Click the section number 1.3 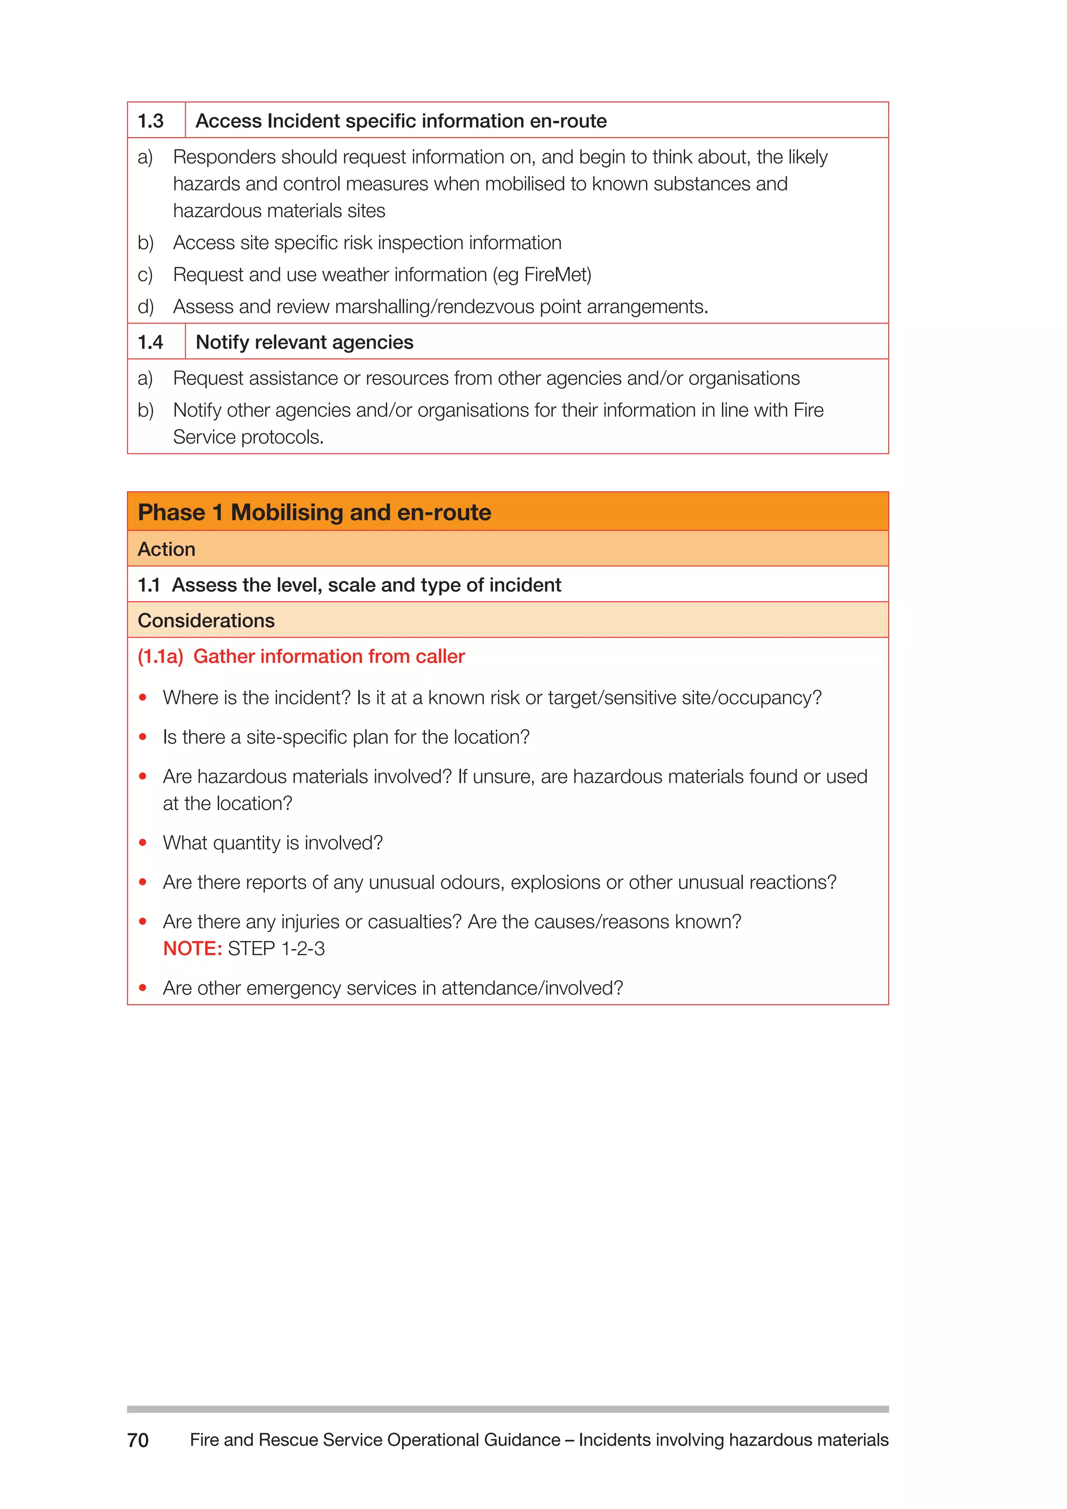tap(151, 121)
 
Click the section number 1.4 tap(151, 342)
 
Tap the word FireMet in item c tap(556, 274)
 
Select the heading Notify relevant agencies tap(304, 342)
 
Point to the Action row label tap(166, 549)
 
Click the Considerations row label tap(206, 621)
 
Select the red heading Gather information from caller tap(329, 656)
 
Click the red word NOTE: tap(192, 948)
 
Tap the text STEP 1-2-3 tap(276, 948)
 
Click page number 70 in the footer tap(138, 1440)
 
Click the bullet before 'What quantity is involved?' tap(143, 843)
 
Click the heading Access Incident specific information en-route tap(401, 121)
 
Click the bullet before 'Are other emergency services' tap(143, 988)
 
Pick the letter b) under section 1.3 tap(145, 242)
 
